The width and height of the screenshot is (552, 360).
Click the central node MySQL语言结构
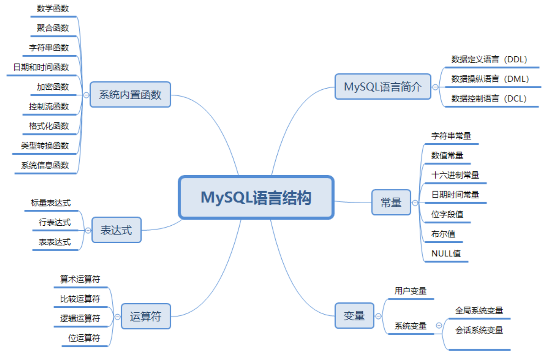[256, 198]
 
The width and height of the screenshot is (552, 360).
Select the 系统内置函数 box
[130, 95]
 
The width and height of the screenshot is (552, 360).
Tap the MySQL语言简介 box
[383, 87]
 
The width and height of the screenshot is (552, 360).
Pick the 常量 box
[391, 202]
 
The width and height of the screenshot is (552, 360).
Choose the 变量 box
[354, 316]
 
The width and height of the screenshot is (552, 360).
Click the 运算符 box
[146, 316]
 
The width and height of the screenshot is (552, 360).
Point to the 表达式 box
[116, 230]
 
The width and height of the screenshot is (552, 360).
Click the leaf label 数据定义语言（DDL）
[490, 59]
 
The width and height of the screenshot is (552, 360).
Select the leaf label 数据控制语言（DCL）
[489, 98]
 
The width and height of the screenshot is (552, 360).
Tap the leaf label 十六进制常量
[455, 175]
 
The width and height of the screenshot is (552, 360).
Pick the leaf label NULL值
[446, 253]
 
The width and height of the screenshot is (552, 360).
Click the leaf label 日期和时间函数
[41, 67]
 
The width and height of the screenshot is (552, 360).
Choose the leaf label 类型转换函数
[45, 146]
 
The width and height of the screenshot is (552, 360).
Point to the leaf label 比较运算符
[80, 299]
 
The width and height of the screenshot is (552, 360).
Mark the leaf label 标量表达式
[51, 203]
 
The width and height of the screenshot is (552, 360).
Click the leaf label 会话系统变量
[479, 330]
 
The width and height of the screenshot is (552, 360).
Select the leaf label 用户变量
[410, 291]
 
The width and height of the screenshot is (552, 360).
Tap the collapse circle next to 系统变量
[439, 326]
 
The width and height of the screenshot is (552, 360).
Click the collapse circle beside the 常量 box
[415, 202]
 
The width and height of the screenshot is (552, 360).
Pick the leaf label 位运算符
[84, 338]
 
